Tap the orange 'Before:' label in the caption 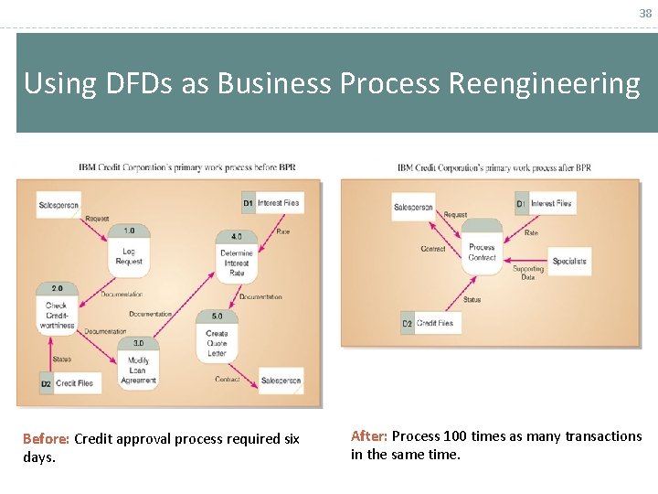pyautogui.click(x=46, y=439)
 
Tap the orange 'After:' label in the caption pyautogui.click(x=369, y=436)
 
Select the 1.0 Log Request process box pyautogui.click(x=129, y=249)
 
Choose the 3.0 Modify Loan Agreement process pyautogui.click(x=138, y=363)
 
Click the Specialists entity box pyautogui.click(x=569, y=261)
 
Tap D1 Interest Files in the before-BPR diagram pyautogui.click(x=271, y=202)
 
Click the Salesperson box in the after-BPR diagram pyautogui.click(x=413, y=207)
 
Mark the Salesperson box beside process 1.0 pyautogui.click(x=59, y=205)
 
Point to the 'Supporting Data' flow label pyautogui.click(x=528, y=273)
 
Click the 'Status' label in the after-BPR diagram pyautogui.click(x=472, y=300)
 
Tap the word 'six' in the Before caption pyautogui.click(x=291, y=439)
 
